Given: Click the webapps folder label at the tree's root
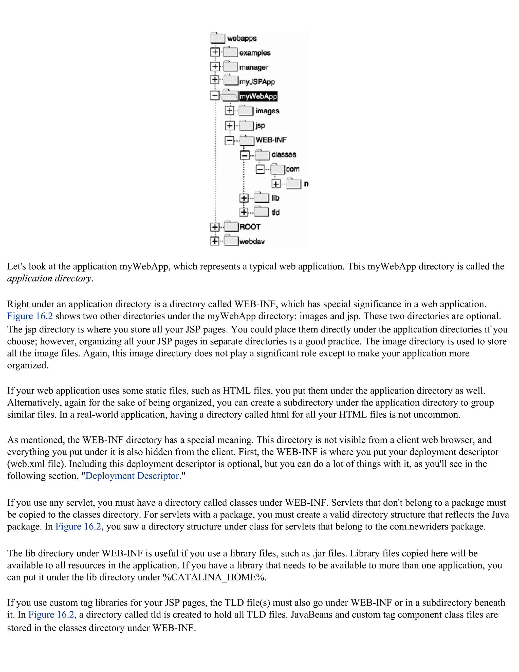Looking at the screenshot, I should coord(242,39).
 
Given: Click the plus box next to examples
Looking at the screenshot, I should coord(215,52).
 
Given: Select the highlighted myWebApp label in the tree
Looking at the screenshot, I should coord(258,96).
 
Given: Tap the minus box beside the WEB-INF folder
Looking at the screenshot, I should coord(229,140).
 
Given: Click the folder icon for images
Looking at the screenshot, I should coord(246,111).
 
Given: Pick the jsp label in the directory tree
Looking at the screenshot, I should coord(260,126).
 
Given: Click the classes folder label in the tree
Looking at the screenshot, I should coord(284,154).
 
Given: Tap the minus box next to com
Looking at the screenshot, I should coord(260,169).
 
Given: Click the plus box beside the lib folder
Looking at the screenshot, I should coord(244,198).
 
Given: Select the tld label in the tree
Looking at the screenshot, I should coord(275,212).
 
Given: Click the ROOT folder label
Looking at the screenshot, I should coord(250,227).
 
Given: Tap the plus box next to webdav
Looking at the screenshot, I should coord(215,241).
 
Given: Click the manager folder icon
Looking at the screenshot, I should coord(231,67).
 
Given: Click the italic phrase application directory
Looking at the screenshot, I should coord(49,278).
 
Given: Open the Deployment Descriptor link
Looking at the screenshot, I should coord(132,476).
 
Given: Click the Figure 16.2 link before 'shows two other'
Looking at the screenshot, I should coord(30,316).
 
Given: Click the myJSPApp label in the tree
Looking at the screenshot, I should coord(257,82).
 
